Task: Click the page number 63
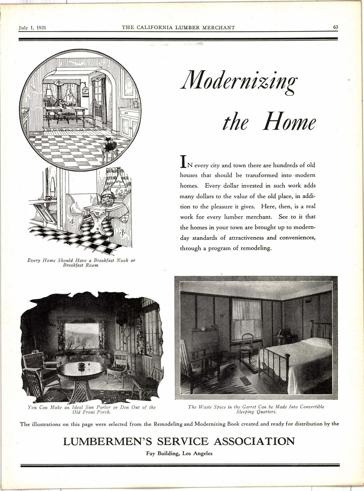click(335, 27)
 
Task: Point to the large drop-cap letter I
click(183, 161)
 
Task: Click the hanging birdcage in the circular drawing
click(85, 90)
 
